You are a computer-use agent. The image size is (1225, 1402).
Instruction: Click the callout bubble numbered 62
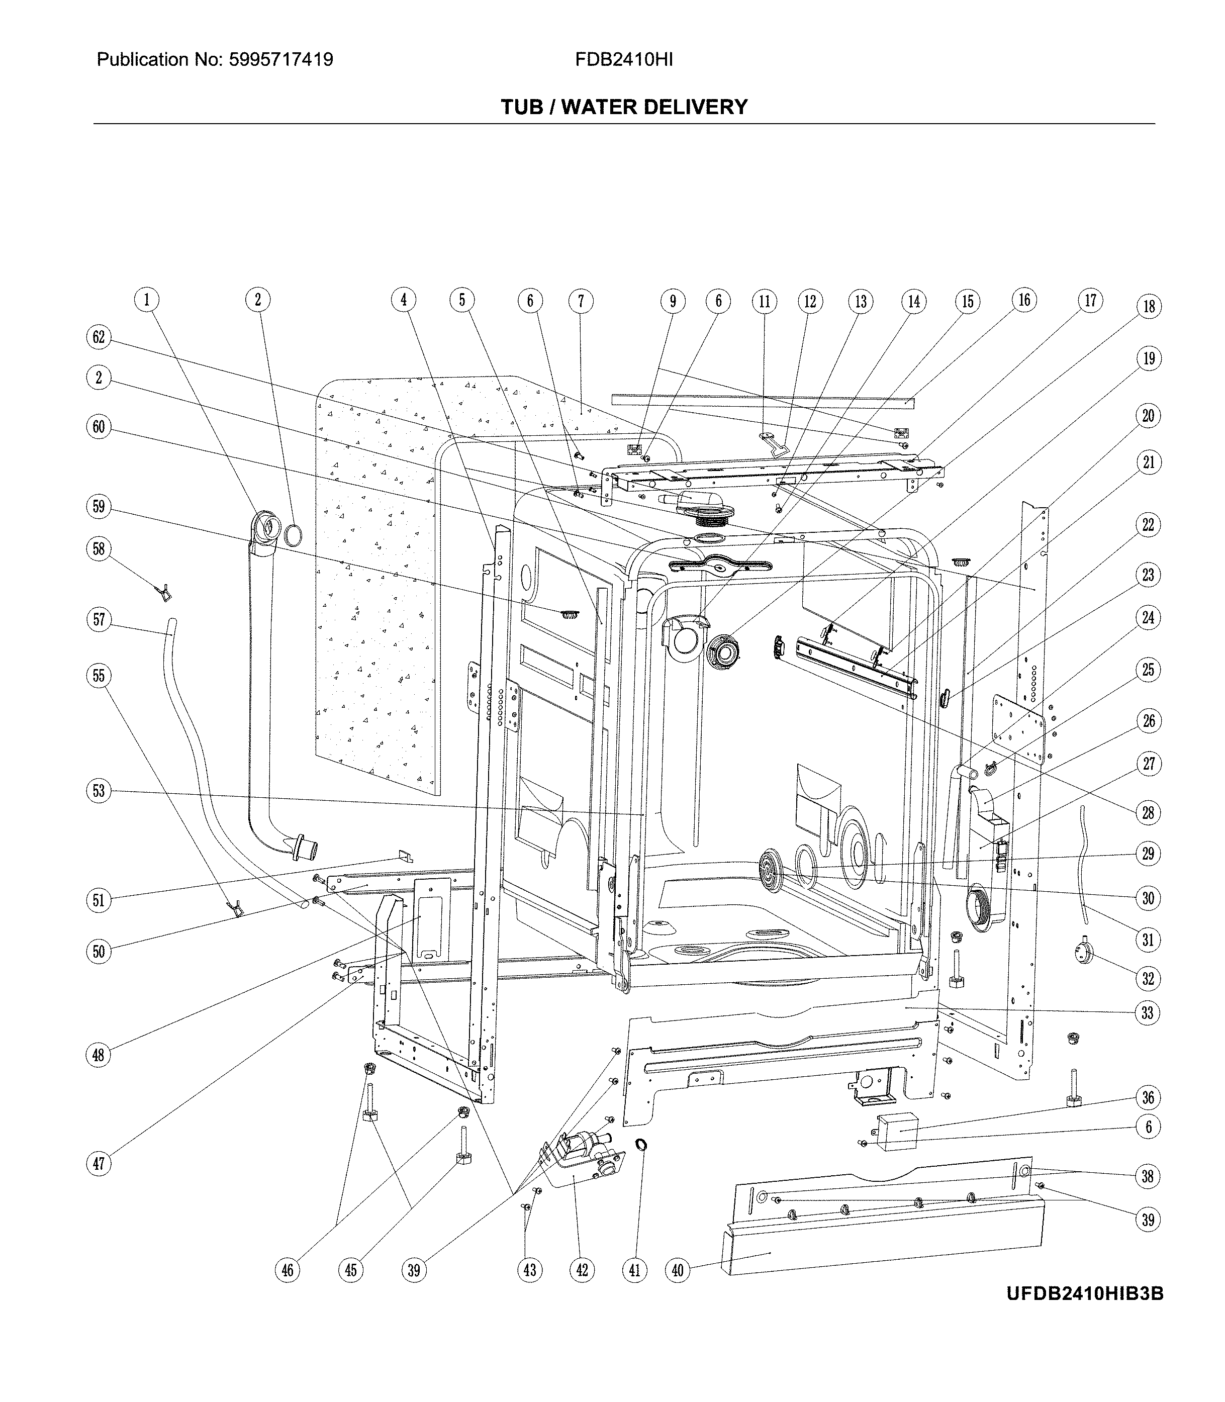pyautogui.click(x=99, y=336)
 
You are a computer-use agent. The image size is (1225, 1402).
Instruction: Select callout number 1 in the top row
pyautogui.click(x=146, y=300)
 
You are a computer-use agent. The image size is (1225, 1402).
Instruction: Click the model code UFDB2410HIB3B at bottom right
pyautogui.click(x=1084, y=1293)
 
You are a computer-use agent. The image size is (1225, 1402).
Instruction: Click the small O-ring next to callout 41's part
pyautogui.click(x=642, y=1145)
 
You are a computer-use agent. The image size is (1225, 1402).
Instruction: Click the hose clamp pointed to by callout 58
pyautogui.click(x=164, y=593)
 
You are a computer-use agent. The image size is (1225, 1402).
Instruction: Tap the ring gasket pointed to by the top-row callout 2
pyautogui.click(x=293, y=535)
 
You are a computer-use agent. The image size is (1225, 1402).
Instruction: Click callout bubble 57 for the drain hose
pyautogui.click(x=99, y=619)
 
